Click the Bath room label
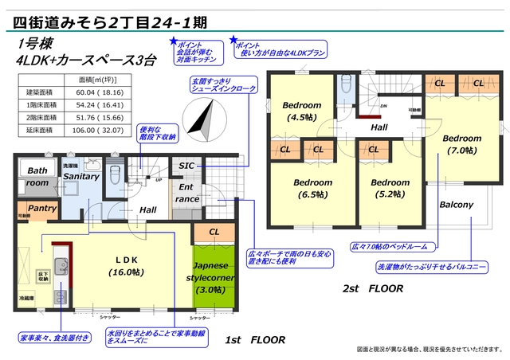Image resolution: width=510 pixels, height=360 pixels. [37, 177]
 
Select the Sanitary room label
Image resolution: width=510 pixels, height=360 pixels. [80, 176]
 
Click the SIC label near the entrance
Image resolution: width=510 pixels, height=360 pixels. [186, 166]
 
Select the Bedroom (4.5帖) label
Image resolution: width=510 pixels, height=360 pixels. [302, 112]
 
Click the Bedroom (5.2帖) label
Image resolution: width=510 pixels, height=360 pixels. [390, 187]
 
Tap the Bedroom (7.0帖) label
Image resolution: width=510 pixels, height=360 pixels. [462, 143]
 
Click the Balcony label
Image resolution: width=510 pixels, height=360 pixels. [456, 205]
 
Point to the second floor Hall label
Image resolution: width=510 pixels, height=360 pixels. [379, 127]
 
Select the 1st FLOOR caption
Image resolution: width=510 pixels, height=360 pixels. [255, 340]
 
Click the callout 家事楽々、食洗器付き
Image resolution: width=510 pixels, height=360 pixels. [52, 338]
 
